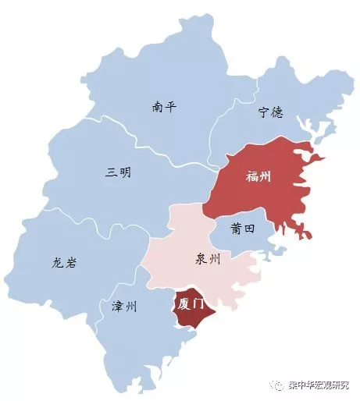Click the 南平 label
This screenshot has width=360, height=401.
point(164,108)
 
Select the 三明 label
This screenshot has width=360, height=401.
point(118,172)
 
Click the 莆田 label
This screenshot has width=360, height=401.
point(243,229)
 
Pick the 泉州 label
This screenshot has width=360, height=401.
point(205,260)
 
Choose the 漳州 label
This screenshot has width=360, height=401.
point(123,307)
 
